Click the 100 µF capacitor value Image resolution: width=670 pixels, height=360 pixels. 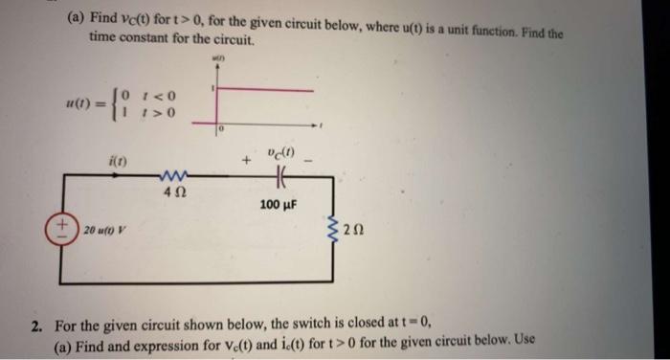279,204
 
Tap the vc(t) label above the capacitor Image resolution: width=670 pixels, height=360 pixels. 280,150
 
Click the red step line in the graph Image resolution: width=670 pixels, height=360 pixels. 263,89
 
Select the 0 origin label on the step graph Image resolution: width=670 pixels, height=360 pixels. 219,128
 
